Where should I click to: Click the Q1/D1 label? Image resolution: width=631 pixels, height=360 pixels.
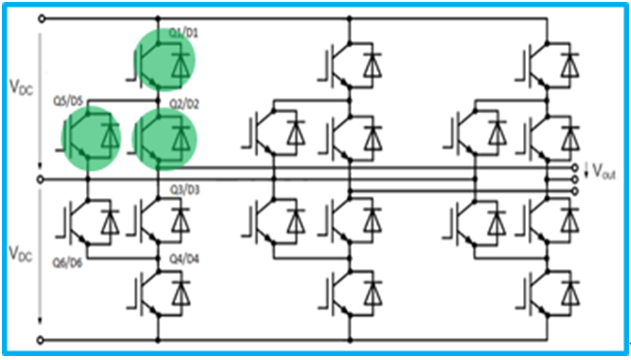point(179,31)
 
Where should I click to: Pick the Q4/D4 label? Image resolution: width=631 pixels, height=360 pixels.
point(180,257)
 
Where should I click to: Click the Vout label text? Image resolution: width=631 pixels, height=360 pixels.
point(603,173)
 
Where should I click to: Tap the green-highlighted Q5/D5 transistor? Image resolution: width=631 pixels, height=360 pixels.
point(91,138)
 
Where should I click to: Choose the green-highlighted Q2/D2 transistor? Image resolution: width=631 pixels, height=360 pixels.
point(165,138)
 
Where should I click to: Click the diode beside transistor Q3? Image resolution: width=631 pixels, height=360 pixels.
point(179,220)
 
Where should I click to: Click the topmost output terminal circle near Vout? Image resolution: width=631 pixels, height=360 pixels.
point(576,167)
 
